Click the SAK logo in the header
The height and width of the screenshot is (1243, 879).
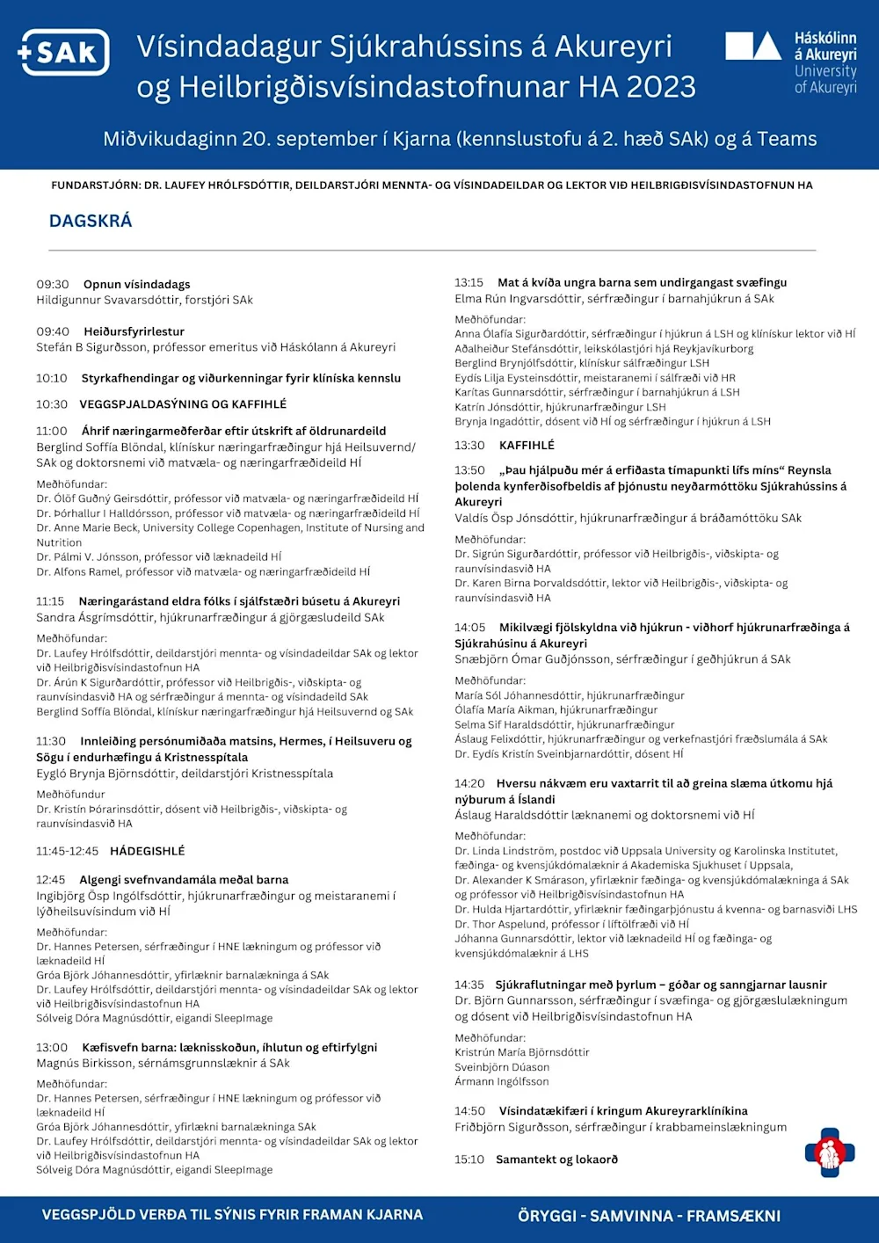(64, 53)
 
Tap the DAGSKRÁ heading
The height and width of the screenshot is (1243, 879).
(91, 221)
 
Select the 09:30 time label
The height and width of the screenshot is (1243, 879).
(53, 284)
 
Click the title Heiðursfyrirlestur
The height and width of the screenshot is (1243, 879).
(134, 331)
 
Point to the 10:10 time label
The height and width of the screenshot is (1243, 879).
(52, 378)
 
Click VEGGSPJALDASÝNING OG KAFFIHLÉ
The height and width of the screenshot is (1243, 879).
(183, 404)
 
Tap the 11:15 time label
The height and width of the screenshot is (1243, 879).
(50, 601)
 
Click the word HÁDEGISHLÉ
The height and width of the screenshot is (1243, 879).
(147, 851)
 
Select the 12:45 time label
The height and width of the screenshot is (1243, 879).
(51, 879)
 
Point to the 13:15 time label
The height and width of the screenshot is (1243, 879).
(469, 282)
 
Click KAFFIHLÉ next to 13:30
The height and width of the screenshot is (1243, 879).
(527, 446)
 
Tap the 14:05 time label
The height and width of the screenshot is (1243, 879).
(470, 628)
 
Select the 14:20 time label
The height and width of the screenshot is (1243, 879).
(469, 783)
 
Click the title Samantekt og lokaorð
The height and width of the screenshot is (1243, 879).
(556, 1159)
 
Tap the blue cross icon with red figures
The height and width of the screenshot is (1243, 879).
(829, 1152)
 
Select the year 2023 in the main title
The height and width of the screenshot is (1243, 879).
(660, 87)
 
